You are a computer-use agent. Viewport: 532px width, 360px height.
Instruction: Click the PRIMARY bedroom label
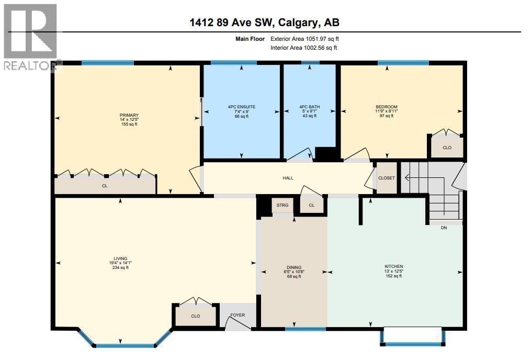[x=129, y=115]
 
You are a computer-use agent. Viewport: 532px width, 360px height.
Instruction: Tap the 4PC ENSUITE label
[x=241, y=107]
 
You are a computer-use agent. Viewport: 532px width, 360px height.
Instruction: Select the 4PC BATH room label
[x=309, y=107]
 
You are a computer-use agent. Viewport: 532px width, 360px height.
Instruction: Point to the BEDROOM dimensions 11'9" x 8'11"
[x=386, y=111]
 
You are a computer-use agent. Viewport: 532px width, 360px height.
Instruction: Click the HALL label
[x=288, y=178]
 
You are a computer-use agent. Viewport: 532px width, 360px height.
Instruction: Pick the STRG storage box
[x=282, y=205]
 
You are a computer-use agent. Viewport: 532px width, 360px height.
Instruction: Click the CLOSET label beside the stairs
[x=387, y=178]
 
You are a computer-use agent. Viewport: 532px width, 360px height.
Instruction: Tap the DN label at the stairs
[x=444, y=228]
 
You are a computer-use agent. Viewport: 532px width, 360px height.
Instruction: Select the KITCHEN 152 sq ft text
[x=393, y=276]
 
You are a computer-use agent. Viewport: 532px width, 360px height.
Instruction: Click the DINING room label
[x=293, y=267]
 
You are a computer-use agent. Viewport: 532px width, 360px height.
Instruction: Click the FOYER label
[x=238, y=316]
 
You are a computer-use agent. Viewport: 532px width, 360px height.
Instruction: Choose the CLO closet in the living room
[x=195, y=316]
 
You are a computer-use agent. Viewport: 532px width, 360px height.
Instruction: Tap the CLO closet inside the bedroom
[x=447, y=148]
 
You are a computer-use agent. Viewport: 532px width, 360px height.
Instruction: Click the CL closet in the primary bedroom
[x=105, y=185]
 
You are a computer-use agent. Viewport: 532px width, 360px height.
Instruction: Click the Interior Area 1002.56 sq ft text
[x=303, y=48]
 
